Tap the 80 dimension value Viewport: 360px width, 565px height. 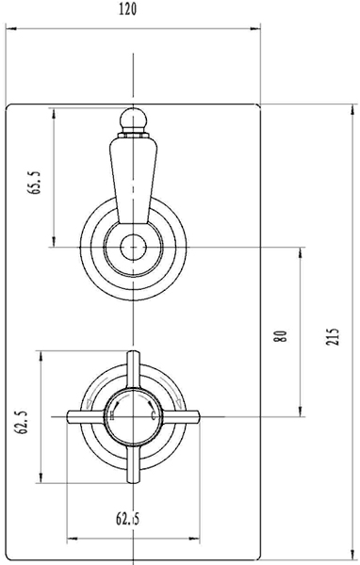[280, 336]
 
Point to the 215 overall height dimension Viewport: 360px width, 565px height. [332, 336]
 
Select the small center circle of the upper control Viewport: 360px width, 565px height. [132, 248]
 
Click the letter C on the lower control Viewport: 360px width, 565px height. [152, 414]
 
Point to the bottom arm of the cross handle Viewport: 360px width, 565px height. [132, 464]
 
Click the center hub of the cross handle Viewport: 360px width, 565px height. [132, 414]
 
